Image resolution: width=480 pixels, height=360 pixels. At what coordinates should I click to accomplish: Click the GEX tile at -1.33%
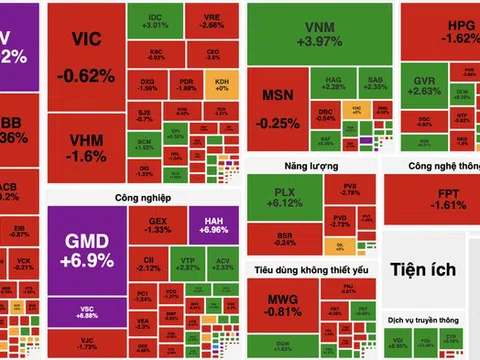tap(159, 223)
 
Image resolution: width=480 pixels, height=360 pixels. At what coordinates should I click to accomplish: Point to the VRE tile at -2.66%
tap(213, 21)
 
